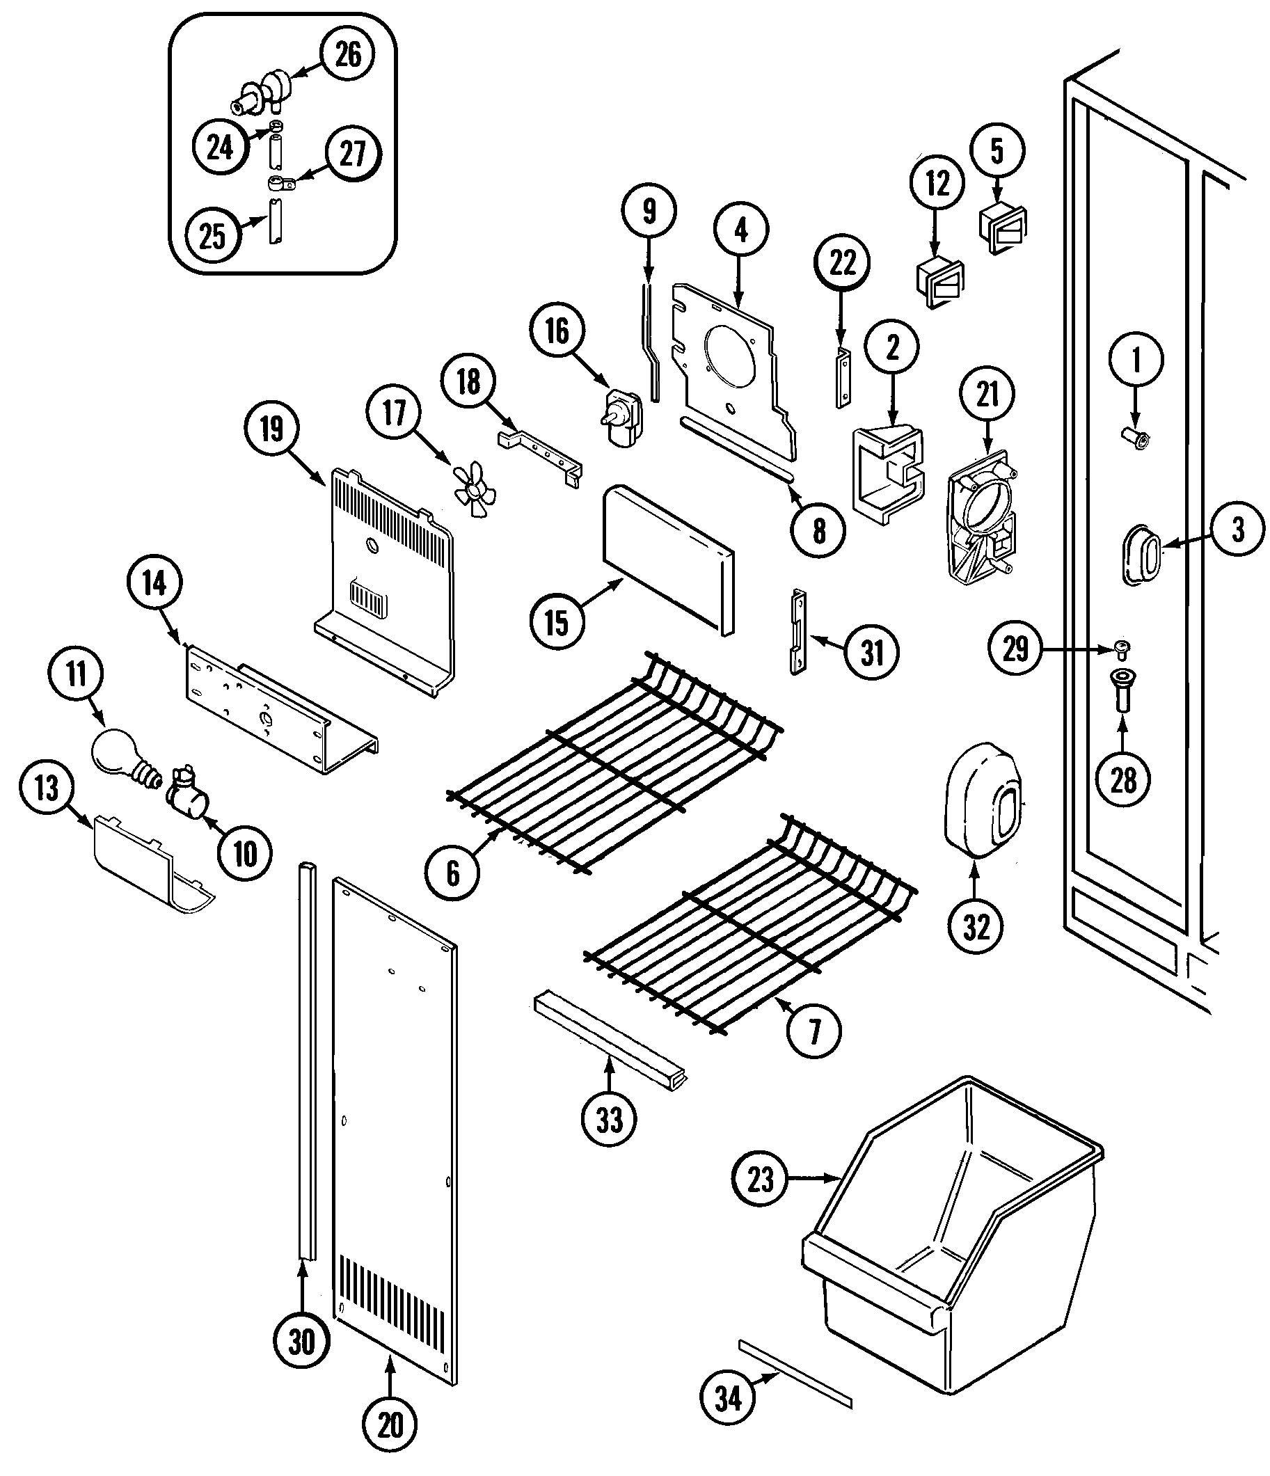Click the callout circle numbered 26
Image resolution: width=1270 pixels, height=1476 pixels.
pyautogui.click(x=347, y=56)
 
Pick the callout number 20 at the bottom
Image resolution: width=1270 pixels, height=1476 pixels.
pyautogui.click(x=390, y=1425)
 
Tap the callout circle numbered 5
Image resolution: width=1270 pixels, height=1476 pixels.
pyautogui.click(x=997, y=152)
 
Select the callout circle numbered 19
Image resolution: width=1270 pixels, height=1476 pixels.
pyautogui.click(x=271, y=429)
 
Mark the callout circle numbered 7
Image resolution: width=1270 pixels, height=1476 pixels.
pyautogui.click(x=814, y=1030)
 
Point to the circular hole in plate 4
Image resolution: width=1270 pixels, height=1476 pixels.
pyautogui.click(x=729, y=360)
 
